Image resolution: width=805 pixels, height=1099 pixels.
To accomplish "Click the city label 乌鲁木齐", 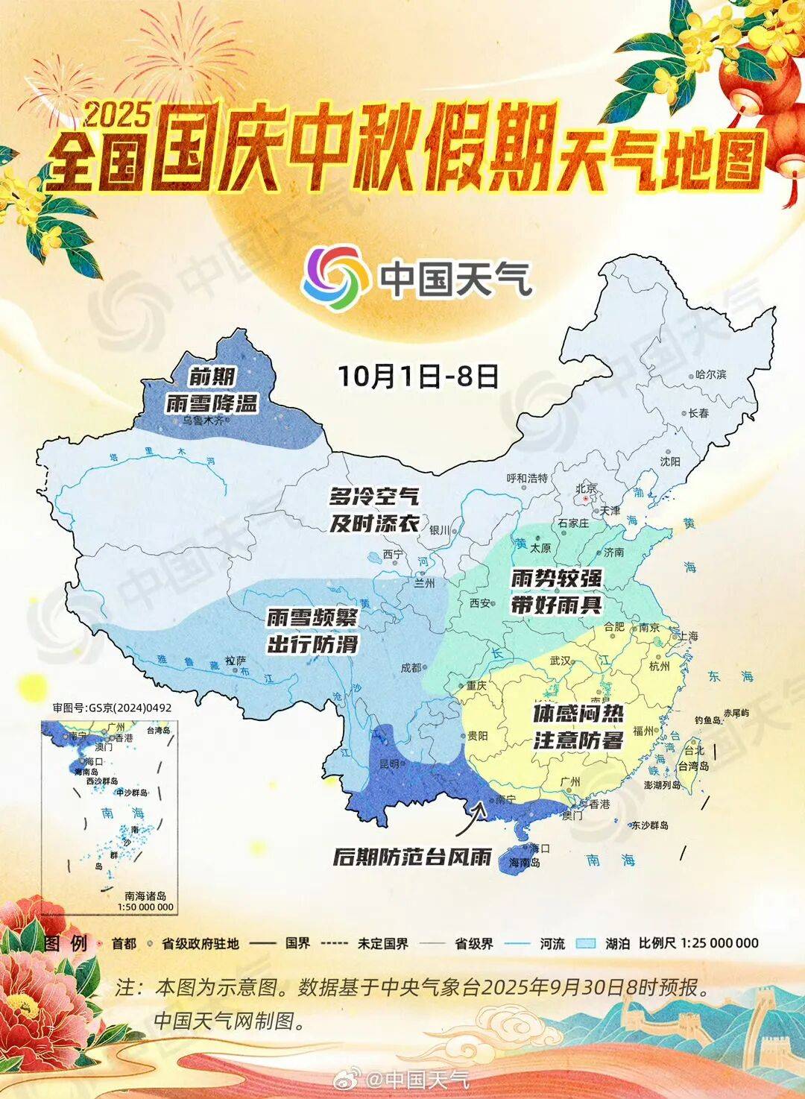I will (x=202, y=421).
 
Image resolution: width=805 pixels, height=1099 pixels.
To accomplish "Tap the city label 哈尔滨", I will (x=710, y=374).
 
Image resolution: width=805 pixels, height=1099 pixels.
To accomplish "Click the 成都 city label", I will (x=411, y=668).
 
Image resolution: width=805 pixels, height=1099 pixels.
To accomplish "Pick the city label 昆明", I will (x=390, y=763).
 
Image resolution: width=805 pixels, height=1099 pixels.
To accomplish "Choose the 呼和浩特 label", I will (x=527, y=478).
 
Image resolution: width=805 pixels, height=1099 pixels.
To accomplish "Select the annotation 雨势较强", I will (x=556, y=578).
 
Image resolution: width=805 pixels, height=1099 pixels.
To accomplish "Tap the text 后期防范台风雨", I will (x=412, y=857).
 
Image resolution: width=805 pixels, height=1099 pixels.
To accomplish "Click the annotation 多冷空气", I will (x=374, y=495).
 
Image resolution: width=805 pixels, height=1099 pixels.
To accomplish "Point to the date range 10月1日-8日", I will (x=417, y=376).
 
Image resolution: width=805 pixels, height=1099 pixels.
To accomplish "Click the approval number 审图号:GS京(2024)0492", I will (x=112, y=708).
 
